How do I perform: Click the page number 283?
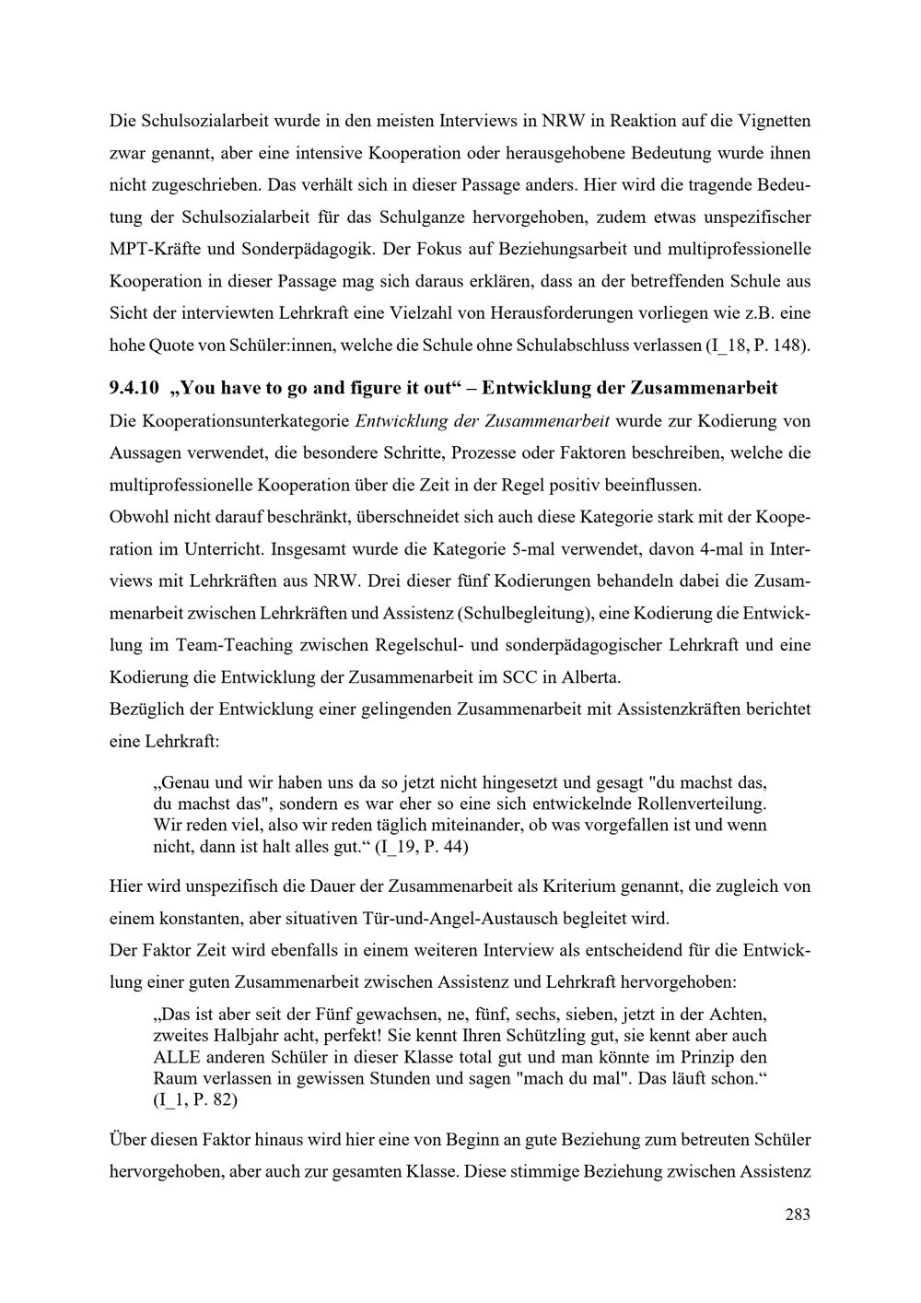(798, 1215)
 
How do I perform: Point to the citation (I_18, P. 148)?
(758, 347)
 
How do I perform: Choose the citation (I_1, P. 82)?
(195, 1099)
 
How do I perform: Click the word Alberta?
(590, 677)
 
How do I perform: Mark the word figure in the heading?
(342, 388)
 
